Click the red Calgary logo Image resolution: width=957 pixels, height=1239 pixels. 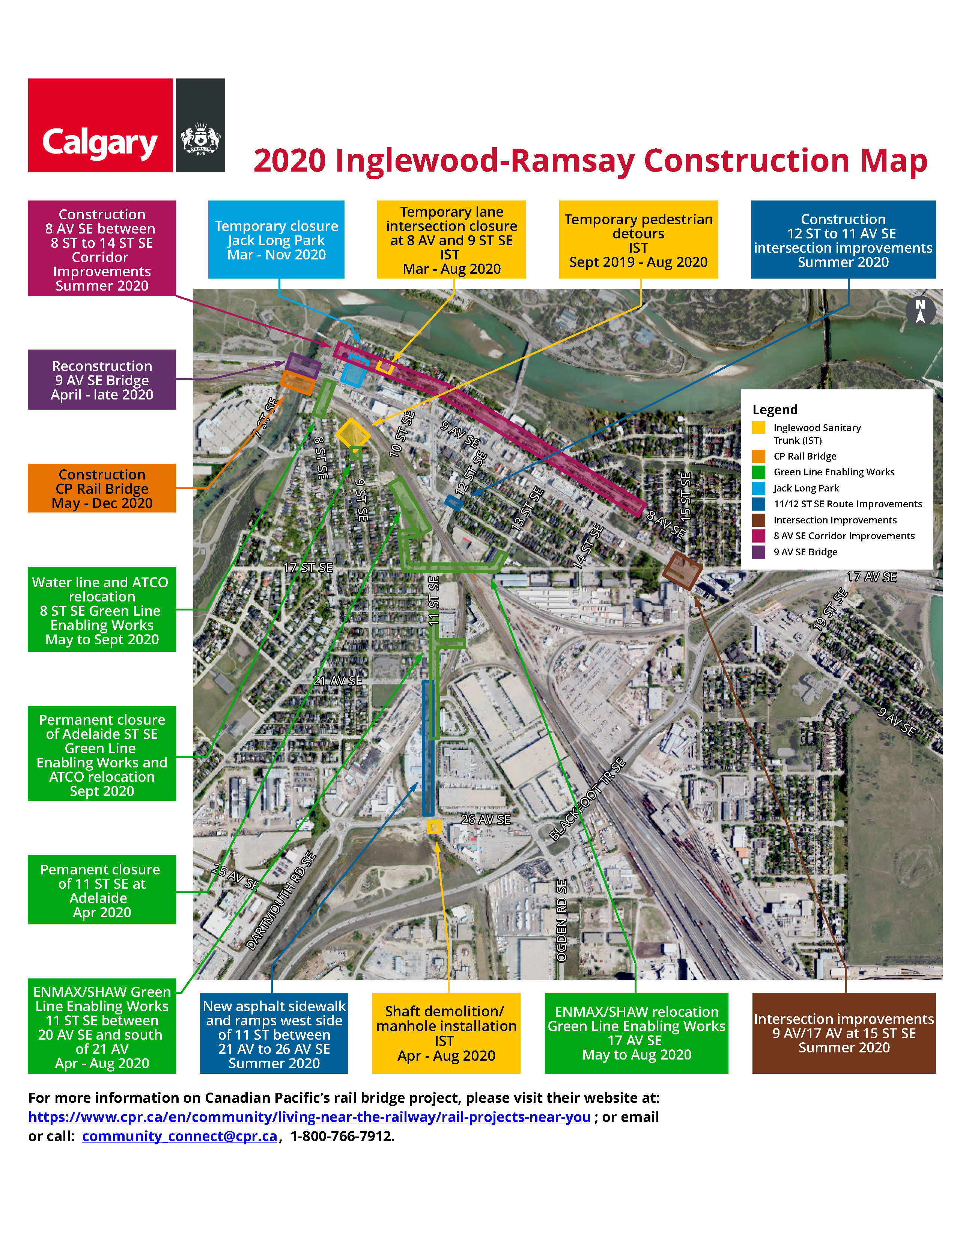[x=100, y=125]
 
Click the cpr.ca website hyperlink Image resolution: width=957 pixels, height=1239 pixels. [x=309, y=1117]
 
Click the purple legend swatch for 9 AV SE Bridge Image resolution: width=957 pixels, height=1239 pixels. [x=758, y=552]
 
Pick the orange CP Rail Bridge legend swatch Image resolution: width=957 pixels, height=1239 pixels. [x=758, y=456]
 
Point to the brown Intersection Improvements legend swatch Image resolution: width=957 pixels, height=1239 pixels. [x=758, y=520]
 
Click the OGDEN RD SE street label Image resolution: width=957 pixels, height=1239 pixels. [x=561, y=920]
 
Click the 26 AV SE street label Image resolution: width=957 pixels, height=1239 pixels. [x=486, y=819]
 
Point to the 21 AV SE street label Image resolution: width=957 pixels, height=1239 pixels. [x=337, y=681]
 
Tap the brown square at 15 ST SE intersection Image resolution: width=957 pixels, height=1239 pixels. [x=682, y=571]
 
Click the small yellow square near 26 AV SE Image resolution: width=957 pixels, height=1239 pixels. [x=434, y=827]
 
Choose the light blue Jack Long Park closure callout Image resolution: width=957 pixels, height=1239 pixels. [x=276, y=240]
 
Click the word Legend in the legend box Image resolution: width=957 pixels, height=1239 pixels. [x=775, y=410]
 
